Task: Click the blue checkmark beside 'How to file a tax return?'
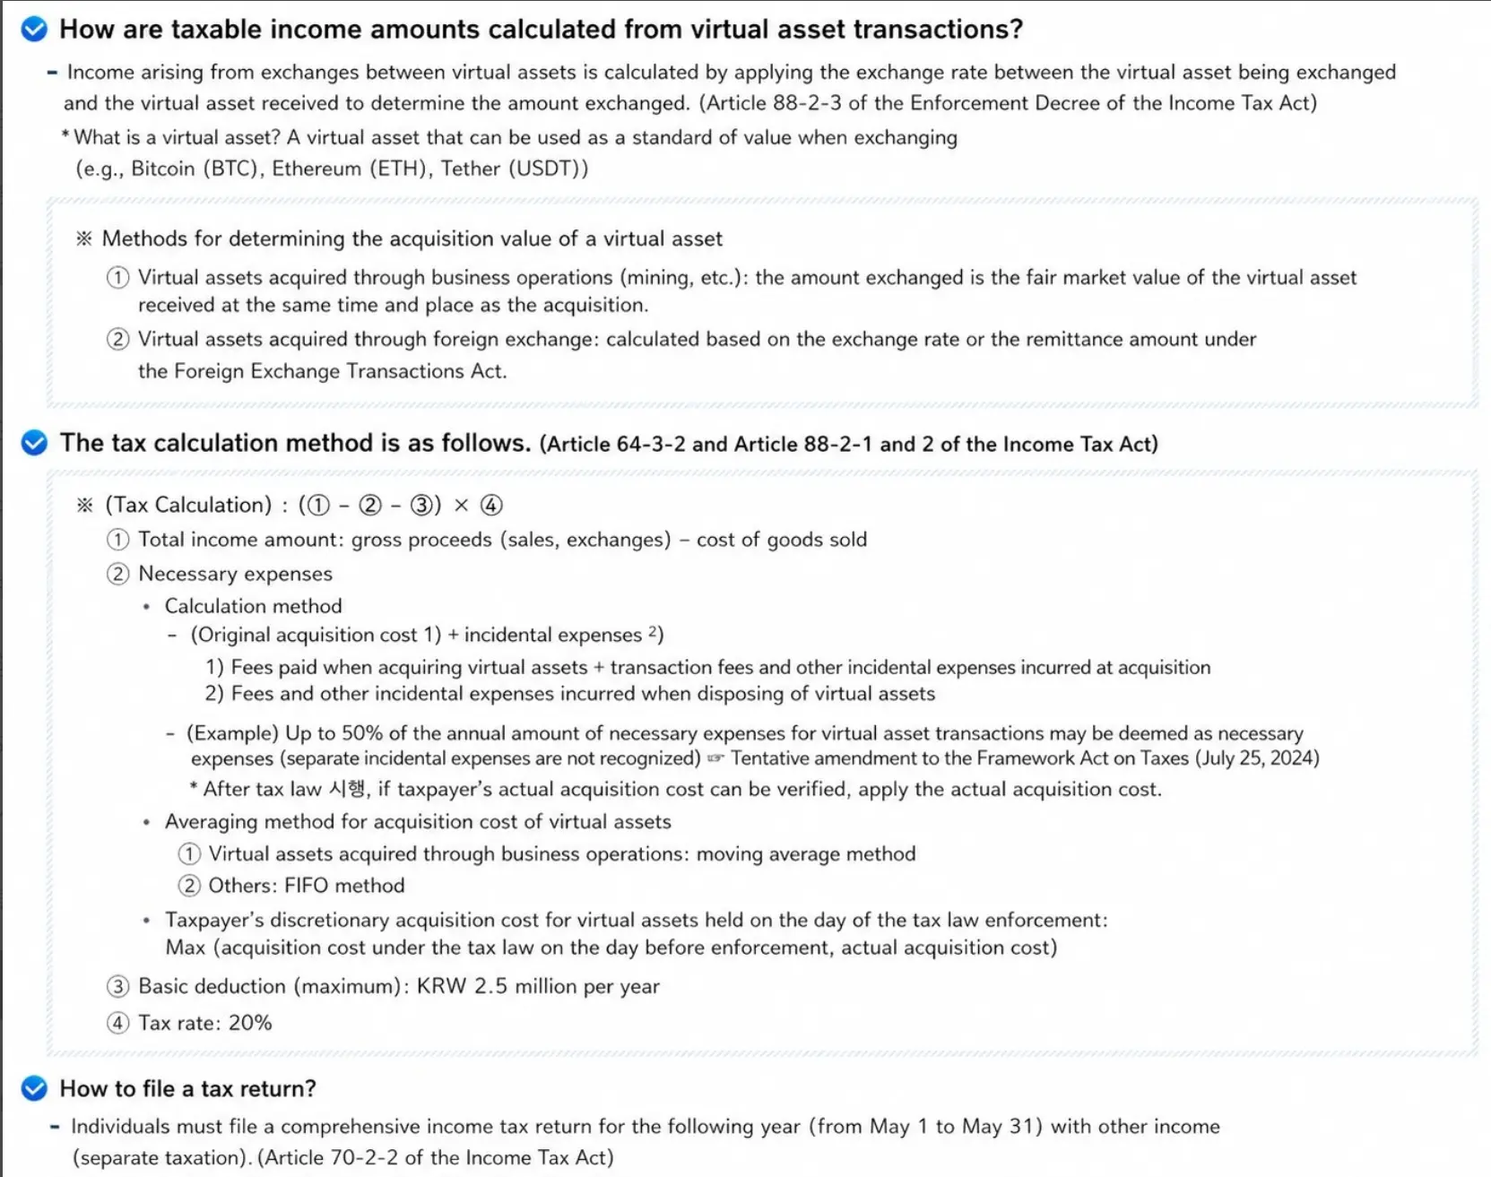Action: (34, 1088)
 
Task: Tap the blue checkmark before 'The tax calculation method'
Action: (34, 443)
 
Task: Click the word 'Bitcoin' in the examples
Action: (162, 169)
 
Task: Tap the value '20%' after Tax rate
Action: (250, 1023)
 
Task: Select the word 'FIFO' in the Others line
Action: (307, 886)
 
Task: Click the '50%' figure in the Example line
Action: (362, 733)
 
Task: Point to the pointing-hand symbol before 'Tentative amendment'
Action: (715, 758)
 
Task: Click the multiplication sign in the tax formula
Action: (461, 506)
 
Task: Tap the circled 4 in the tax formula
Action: (491, 506)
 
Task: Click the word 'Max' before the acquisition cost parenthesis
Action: (186, 948)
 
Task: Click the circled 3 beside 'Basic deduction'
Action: (117, 987)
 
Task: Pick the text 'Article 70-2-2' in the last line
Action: (326, 1157)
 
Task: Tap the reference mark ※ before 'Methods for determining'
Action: (84, 238)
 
